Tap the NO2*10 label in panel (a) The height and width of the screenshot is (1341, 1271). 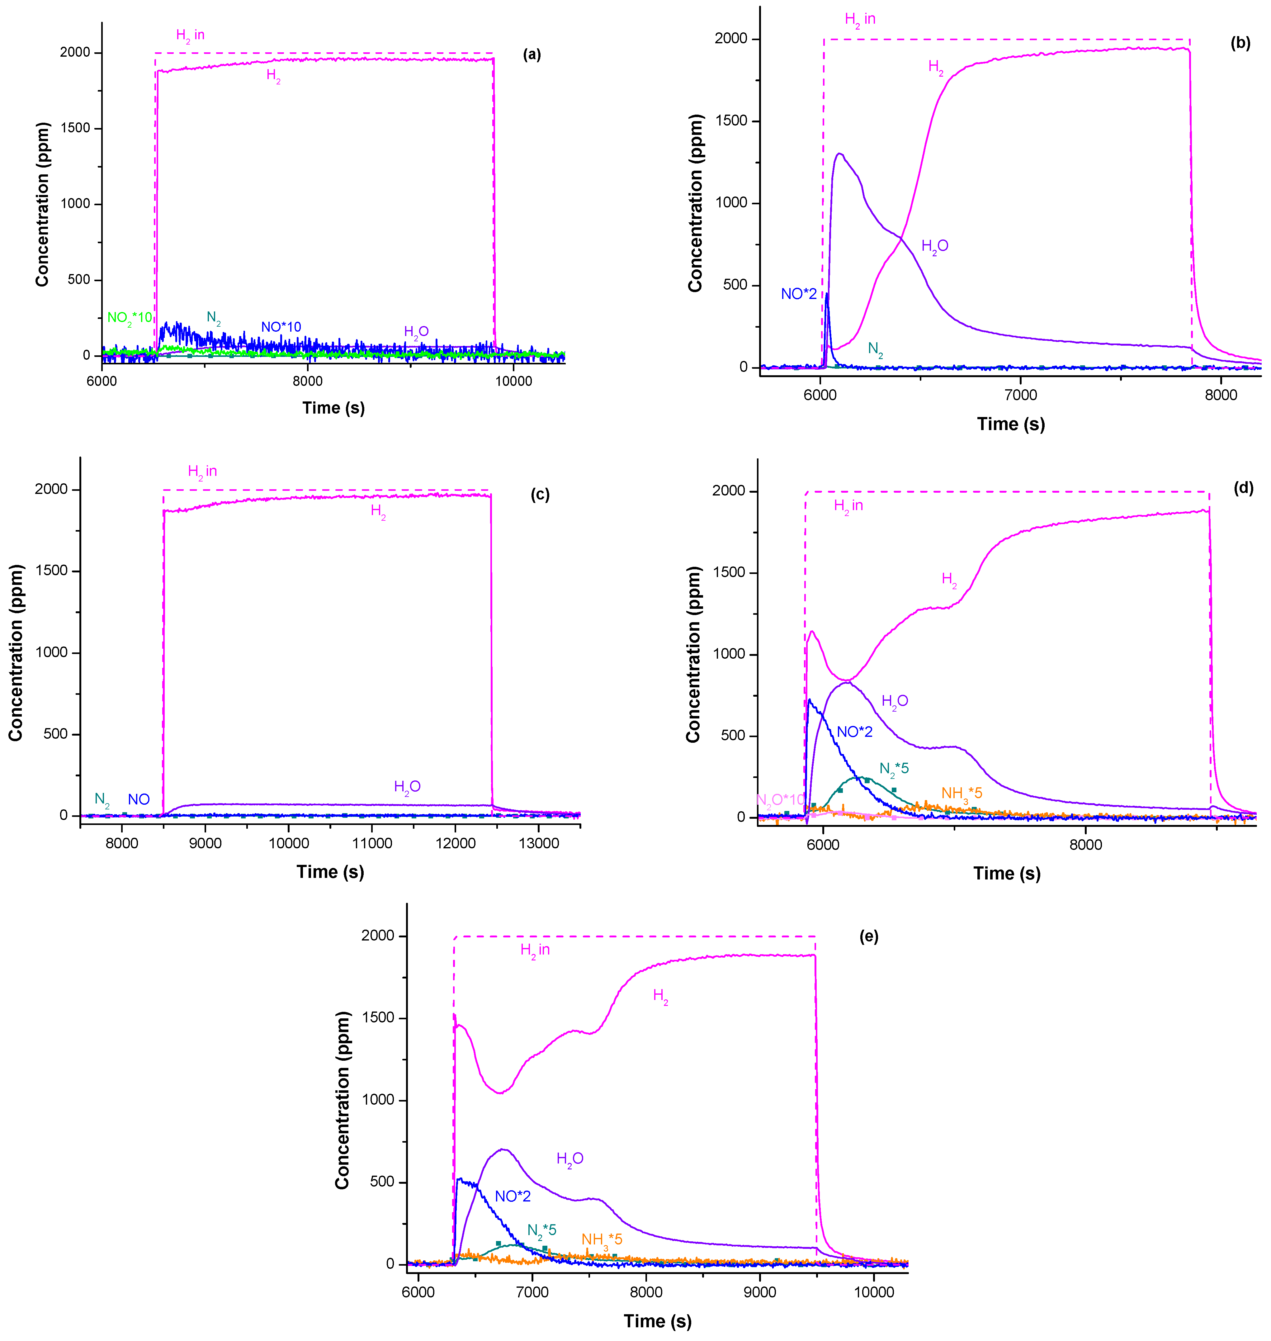(x=130, y=318)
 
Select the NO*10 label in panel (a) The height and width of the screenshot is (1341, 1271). (x=281, y=327)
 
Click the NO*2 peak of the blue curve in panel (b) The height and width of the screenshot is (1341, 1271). (x=827, y=295)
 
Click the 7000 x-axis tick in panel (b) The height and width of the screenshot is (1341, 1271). (x=1020, y=395)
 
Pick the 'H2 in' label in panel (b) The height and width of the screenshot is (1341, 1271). (x=860, y=20)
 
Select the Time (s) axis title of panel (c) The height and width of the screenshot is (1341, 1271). (x=330, y=872)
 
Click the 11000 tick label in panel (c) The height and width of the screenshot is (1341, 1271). (x=372, y=844)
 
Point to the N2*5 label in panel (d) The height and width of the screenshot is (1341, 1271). (x=894, y=769)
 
